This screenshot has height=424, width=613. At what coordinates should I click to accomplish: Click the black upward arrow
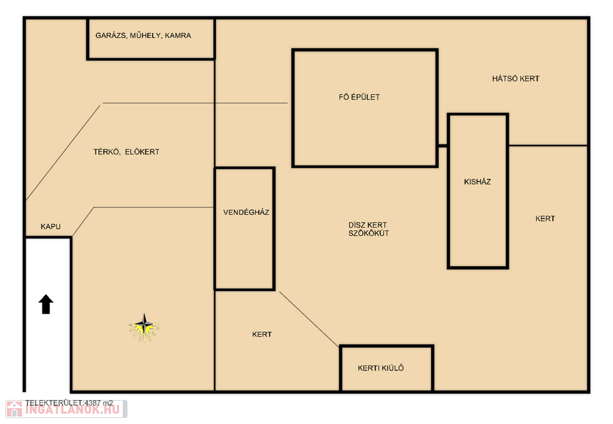tap(45, 304)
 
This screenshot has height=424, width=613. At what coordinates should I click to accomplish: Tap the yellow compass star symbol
tap(144, 327)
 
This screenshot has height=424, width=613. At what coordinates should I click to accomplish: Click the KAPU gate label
tap(50, 227)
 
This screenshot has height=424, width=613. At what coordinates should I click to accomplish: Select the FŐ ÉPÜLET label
tap(359, 97)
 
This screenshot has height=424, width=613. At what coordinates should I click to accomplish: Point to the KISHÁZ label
tap(477, 182)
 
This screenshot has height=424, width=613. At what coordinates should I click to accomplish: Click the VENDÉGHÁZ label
tap(246, 212)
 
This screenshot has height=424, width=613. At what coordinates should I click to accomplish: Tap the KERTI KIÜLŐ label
tap(381, 368)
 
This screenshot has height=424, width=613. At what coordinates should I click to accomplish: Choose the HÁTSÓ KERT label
tap(515, 79)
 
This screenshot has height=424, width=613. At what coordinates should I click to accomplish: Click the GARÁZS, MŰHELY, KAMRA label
tap(143, 35)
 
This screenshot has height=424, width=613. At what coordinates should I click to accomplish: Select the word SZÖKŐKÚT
tap(369, 233)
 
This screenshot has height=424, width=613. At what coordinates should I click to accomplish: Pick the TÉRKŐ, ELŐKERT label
tap(126, 152)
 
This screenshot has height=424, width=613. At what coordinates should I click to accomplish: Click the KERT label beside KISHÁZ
tap(545, 219)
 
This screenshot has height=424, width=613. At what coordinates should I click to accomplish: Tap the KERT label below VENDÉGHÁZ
tap(262, 335)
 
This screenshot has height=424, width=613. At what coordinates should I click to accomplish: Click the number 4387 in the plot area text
tap(93, 403)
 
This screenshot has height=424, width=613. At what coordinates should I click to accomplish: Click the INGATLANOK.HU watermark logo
tap(66, 409)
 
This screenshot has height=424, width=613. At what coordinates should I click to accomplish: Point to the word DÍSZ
tap(357, 225)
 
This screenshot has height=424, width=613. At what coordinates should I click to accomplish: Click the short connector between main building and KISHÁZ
tap(442, 146)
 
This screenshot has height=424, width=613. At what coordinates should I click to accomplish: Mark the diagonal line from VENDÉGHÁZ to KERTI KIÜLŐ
tap(309, 319)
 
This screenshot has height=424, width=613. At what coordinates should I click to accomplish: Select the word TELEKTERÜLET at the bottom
tap(54, 403)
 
